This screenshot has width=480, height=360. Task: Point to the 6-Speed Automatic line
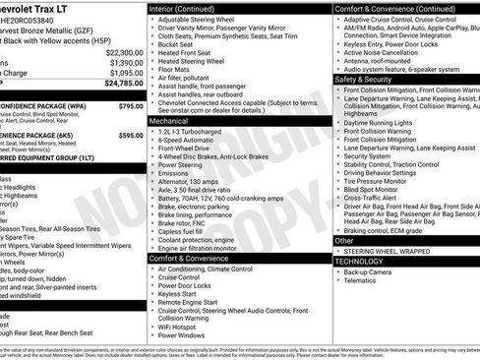[188, 140]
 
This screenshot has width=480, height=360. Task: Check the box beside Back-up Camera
[339, 271]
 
